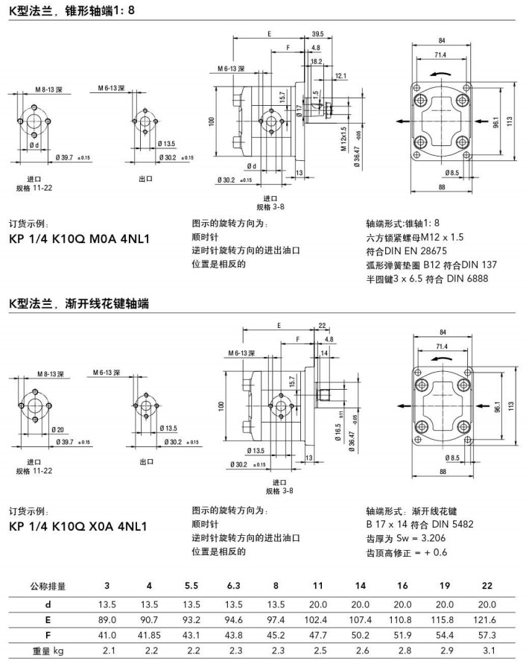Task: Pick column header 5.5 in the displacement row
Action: pyautogui.click(x=191, y=585)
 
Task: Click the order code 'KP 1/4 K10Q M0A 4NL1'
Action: pyautogui.click(x=79, y=239)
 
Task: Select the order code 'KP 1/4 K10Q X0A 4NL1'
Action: pyautogui.click(x=78, y=526)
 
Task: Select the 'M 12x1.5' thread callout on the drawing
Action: pyautogui.click(x=344, y=138)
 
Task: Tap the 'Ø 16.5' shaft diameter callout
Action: pyautogui.click(x=338, y=436)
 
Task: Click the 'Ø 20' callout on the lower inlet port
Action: pyautogui.click(x=59, y=429)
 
